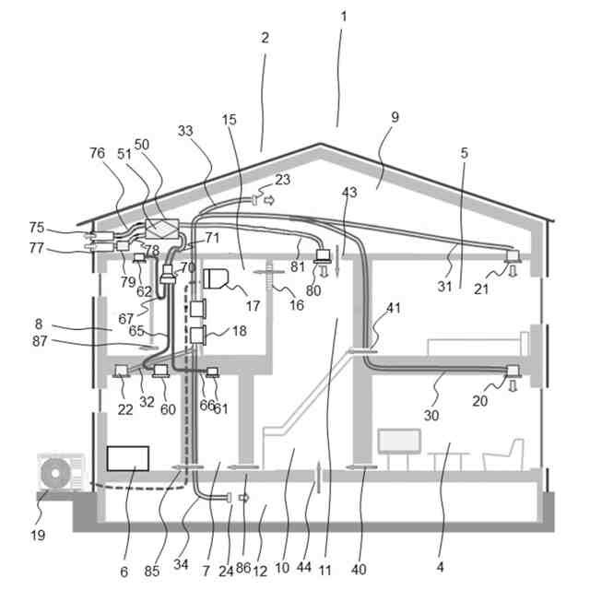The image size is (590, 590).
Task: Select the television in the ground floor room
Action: tap(398, 441)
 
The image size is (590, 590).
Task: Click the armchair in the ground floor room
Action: tap(503, 454)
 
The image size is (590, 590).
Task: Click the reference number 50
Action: tap(142, 145)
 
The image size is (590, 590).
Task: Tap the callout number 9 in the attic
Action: tap(395, 118)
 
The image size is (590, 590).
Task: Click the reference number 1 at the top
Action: tap(343, 18)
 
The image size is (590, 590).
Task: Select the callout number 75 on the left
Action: tap(37, 227)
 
